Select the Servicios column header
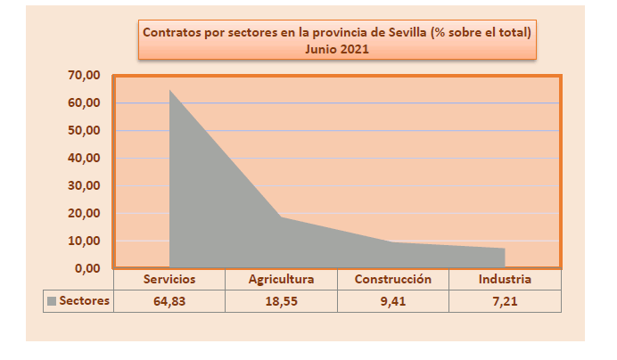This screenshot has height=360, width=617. click(x=169, y=279)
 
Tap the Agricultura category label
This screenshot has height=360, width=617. click(x=281, y=279)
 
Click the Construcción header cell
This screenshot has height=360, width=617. click(x=393, y=279)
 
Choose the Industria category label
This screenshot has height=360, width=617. click(x=505, y=279)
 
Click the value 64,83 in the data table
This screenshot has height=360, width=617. click(x=169, y=301)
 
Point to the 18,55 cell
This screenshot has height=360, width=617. click(x=281, y=301)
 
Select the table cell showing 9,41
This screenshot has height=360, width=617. click(x=393, y=301)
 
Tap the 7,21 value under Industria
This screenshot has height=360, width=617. click(x=505, y=301)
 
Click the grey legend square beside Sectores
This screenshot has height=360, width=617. click(x=52, y=301)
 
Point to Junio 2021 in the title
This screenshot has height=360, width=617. click(x=337, y=50)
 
